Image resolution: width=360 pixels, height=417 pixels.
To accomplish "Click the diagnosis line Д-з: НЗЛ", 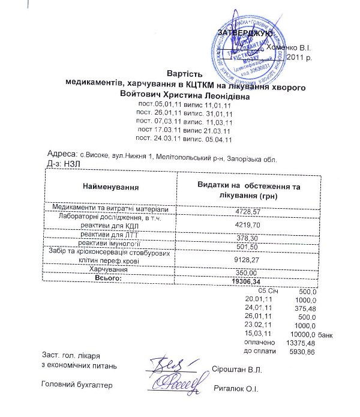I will [x=59, y=163].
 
